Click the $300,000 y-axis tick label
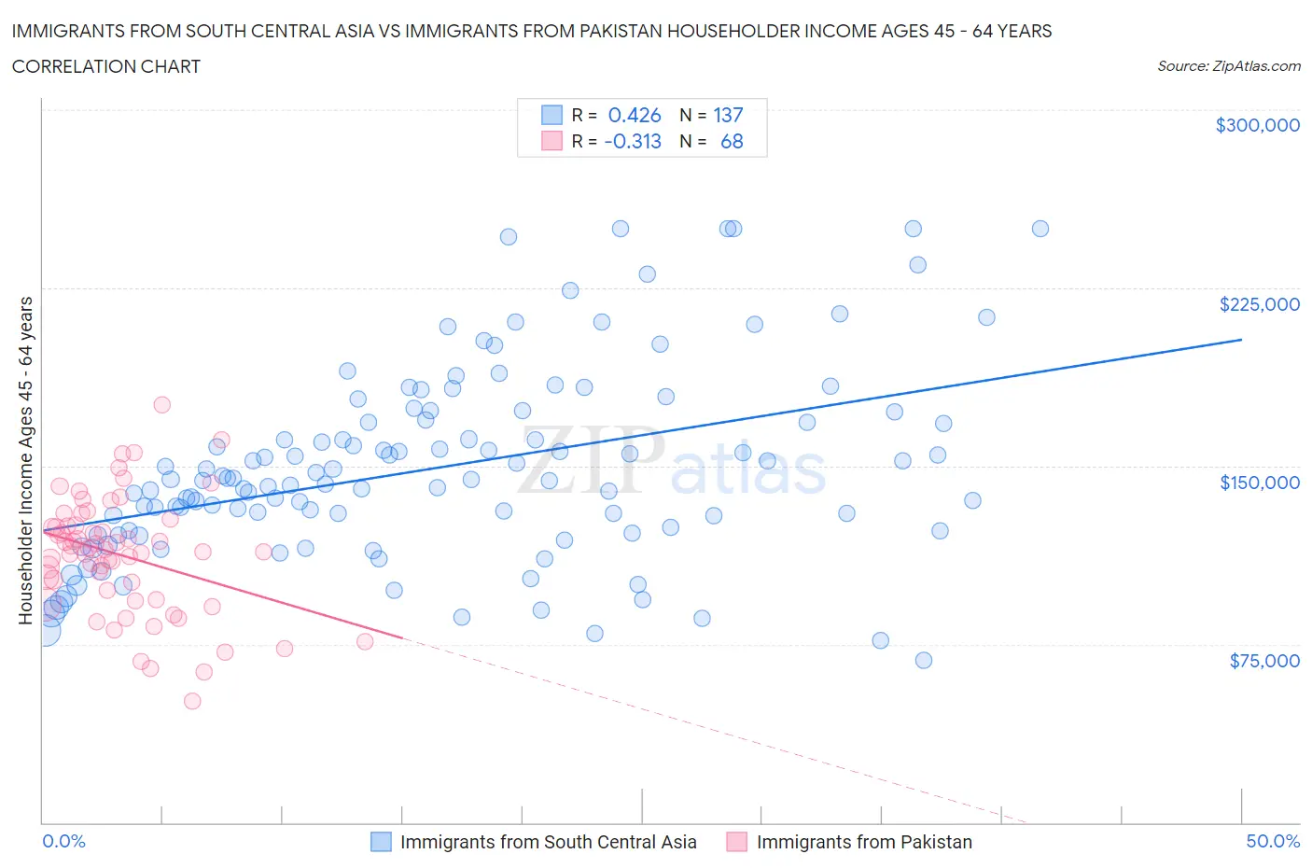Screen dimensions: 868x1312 [1257, 125]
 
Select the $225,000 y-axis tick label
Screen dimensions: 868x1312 [1259, 304]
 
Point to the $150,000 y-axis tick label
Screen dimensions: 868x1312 [1259, 483]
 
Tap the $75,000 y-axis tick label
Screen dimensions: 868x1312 [1263, 661]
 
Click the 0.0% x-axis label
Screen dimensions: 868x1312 [63, 841]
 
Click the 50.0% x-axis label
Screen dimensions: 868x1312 [1273, 841]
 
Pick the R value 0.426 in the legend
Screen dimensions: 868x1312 [634, 115]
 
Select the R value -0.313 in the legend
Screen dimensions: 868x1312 [632, 141]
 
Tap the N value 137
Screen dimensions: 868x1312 [728, 115]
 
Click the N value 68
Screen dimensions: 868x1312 [732, 141]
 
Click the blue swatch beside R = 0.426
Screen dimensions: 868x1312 [551, 115]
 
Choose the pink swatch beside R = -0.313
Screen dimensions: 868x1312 [551, 141]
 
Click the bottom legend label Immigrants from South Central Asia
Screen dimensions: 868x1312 [548, 842]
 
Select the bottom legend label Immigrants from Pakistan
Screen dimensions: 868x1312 [863, 842]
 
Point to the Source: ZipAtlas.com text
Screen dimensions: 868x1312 [1228, 66]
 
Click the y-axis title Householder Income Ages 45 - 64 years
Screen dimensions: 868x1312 [26, 460]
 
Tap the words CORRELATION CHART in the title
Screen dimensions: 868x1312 [105, 66]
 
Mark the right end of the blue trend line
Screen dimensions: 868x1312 [1241, 340]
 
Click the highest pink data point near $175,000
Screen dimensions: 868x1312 [161, 404]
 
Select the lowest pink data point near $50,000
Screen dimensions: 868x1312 [192, 701]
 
